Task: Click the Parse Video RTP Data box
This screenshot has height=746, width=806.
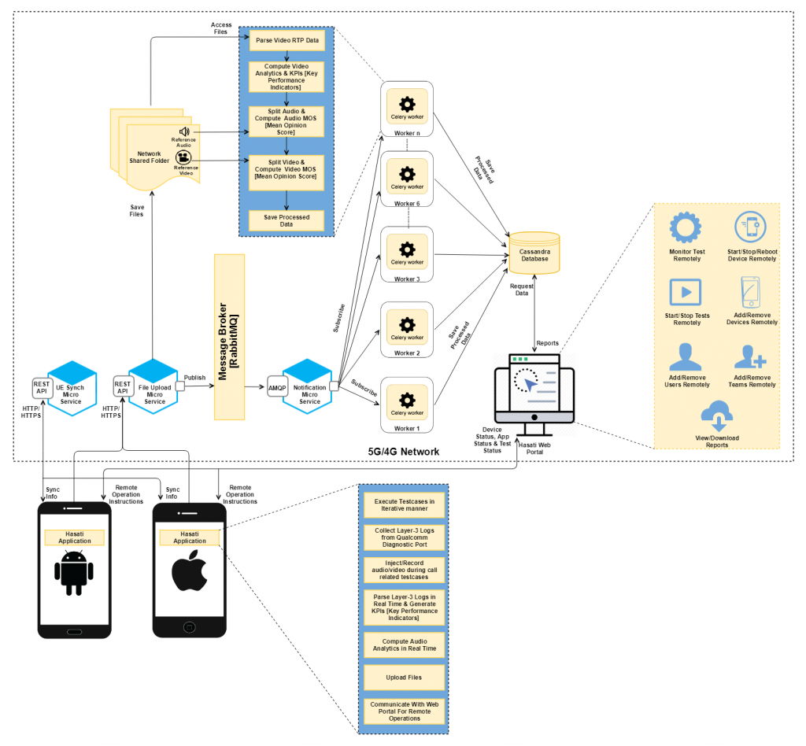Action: pos(287,40)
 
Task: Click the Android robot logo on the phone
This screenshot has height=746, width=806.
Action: pos(74,573)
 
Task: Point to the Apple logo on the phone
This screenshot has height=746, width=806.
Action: pos(189,573)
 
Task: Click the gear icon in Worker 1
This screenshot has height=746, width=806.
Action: pos(407,400)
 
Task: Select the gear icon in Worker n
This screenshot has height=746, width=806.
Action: pos(407,104)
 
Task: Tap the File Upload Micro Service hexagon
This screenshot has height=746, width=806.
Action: pos(154,387)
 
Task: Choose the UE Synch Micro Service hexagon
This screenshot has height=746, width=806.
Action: pos(71,387)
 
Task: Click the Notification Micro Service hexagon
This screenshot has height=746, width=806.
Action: pos(309,387)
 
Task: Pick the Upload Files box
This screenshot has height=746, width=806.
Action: pos(403,677)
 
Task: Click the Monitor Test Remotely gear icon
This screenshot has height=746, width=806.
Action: pos(685,228)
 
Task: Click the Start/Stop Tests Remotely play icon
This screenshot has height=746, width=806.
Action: pos(685,292)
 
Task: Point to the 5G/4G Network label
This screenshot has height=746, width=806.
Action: pos(403,452)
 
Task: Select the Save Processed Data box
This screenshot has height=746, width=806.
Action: pos(287,221)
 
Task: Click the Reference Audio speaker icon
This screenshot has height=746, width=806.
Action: pos(183,132)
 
